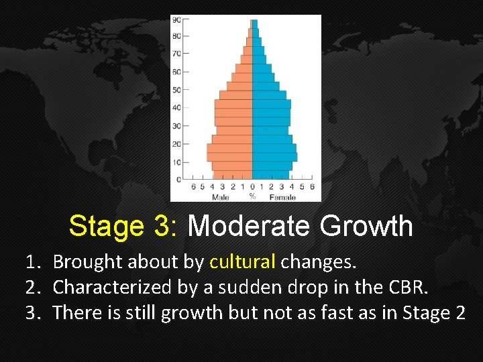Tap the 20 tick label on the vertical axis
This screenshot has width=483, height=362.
coord(176,143)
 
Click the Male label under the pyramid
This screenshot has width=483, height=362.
coord(220,197)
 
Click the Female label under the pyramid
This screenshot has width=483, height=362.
coord(282,197)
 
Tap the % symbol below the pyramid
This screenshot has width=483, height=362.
coord(252,197)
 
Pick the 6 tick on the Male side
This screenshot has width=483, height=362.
coord(194,187)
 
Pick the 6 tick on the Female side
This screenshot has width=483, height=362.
coord(312,187)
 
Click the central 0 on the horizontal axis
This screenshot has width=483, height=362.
coord(252,187)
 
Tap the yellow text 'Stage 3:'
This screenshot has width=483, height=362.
coord(123,227)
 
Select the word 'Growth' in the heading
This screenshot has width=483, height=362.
coord(366,227)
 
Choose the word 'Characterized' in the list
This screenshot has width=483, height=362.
coord(109,288)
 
